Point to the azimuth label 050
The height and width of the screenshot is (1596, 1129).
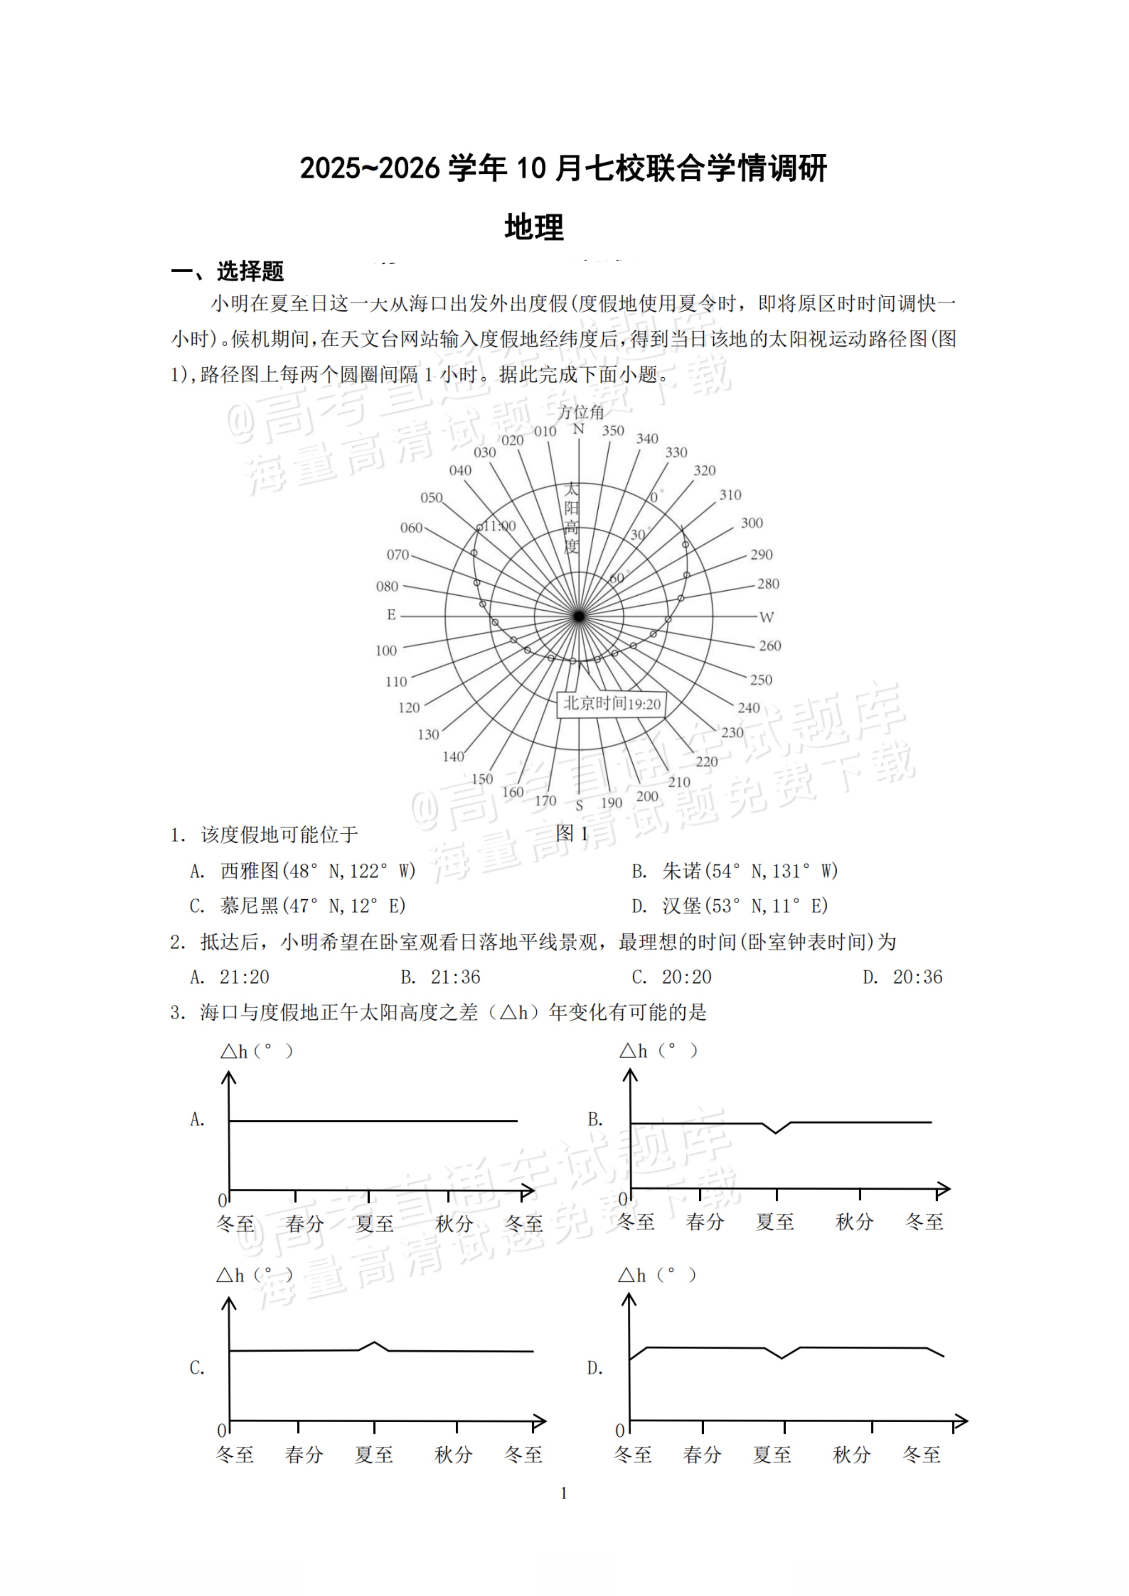pos(431,498)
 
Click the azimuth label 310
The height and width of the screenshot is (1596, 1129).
pos(730,495)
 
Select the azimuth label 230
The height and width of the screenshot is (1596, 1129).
pos(732,733)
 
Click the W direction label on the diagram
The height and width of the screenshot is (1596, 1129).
pos(766,617)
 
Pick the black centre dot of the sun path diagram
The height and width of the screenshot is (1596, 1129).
pos(579,616)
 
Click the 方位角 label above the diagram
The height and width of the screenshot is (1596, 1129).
pos(581,412)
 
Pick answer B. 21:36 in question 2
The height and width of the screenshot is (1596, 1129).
pos(440,978)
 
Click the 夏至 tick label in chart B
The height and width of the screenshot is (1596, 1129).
pos(774,1222)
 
